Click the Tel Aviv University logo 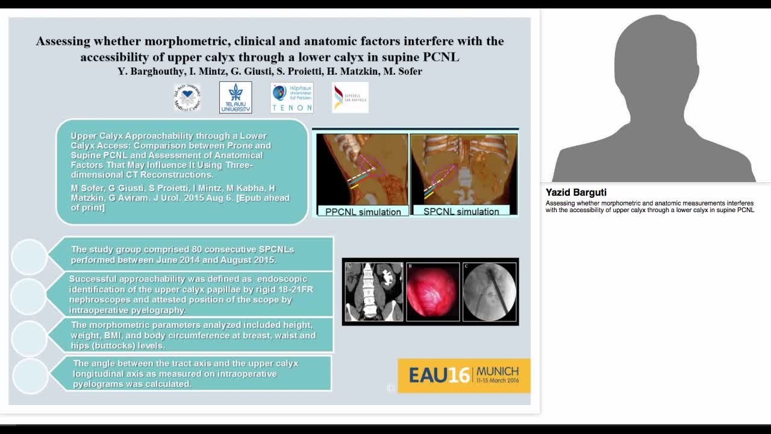pos(236,98)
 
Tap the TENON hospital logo pos(292,98)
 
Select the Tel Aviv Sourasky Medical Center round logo pos(187,98)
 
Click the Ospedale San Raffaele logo pos(350,98)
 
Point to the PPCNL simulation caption pos(363,212)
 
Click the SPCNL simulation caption pos(461,212)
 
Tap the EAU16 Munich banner pos(464,375)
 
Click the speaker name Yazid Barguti pos(576,193)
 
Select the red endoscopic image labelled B pos(431,292)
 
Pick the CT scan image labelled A pos(374,292)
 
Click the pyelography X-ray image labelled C pos(489,292)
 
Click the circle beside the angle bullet pos(30,375)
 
